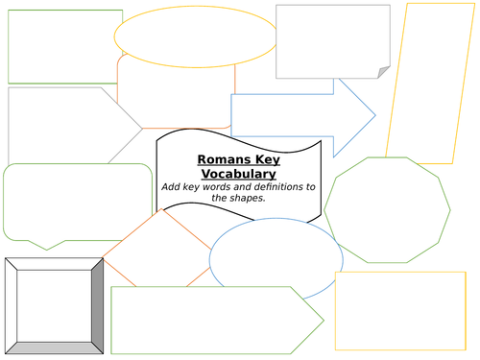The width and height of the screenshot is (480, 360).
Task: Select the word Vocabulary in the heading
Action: click(x=236, y=174)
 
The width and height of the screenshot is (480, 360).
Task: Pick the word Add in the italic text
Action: click(x=173, y=186)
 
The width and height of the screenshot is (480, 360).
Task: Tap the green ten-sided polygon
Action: click(x=387, y=208)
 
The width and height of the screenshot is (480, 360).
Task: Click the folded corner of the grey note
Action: click(x=384, y=73)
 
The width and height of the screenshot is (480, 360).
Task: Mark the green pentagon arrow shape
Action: click(x=211, y=320)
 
